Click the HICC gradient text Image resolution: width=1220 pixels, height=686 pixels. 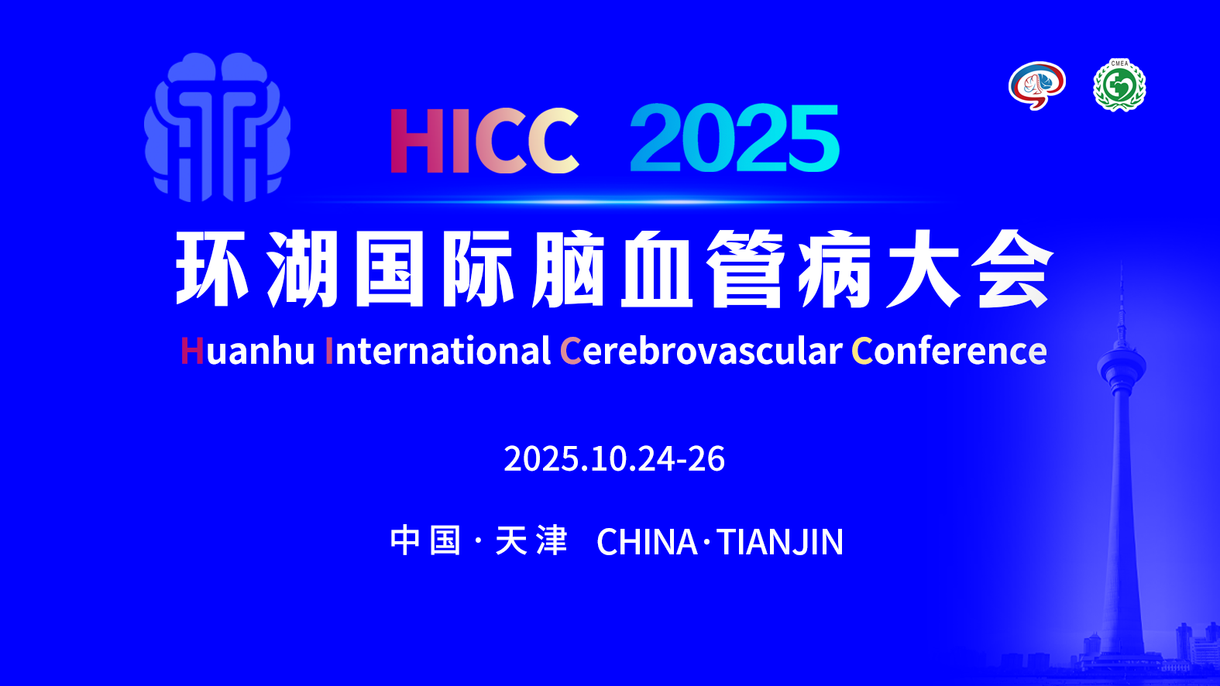(484, 140)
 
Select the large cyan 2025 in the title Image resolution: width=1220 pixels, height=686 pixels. (735, 139)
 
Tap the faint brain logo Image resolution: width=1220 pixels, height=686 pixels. (218, 128)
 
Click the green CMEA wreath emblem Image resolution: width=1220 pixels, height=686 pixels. (1120, 85)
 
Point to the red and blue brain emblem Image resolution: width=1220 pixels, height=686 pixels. (1037, 85)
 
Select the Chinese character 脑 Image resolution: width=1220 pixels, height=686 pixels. (569, 269)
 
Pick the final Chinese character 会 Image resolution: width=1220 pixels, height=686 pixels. (1013, 269)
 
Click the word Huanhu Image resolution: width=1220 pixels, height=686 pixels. (248, 351)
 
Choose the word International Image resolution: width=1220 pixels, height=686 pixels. (438, 351)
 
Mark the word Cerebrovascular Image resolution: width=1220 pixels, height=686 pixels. (701, 351)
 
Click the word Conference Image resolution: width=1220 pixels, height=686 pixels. (949, 351)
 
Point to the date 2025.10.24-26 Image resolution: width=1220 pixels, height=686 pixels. (614, 458)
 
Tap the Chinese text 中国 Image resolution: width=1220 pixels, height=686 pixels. (426, 540)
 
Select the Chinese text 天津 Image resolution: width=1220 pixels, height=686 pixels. (531, 540)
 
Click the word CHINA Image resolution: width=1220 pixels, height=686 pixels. (647, 542)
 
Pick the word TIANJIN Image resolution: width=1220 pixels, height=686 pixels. (781, 542)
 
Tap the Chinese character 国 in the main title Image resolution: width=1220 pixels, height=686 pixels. (390, 269)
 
